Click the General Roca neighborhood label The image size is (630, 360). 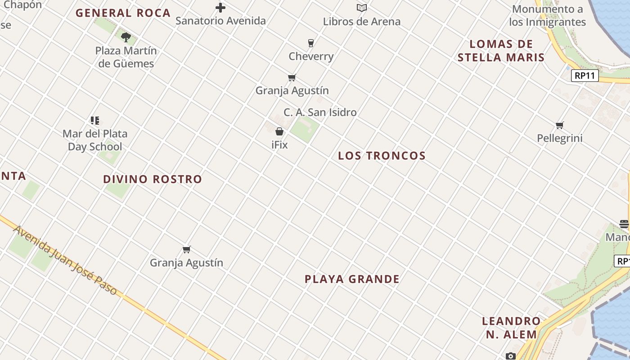[x=123, y=13]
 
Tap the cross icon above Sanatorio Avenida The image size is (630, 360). [x=220, y=8]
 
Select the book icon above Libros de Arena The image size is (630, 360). [x=362, y=8]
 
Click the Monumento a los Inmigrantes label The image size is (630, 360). [x=547, y=16]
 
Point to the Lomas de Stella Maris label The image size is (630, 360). [x=501, y=51]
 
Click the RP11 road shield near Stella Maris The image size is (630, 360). [x=585, y=76]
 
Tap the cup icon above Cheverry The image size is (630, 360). [x=310, y=43]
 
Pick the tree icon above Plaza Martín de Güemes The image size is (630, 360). [x=126, y=37]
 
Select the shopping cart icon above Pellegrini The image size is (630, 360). [x=559, y=125]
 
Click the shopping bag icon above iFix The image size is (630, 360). [x=279, y=131]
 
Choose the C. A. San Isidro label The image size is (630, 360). [x=320, y=112]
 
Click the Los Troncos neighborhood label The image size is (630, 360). [x=382, y=156]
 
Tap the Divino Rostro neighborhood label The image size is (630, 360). [x=153, y=179]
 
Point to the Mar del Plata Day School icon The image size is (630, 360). [x=94, y=120]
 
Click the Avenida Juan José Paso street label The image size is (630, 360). [x=65, y=261]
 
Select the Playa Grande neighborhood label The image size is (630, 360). [x=352, y=279]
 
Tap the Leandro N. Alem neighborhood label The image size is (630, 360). [x=511, y=328]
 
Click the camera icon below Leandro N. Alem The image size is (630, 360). [x=510, y=356]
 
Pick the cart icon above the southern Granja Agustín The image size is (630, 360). [x=186, y=249]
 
